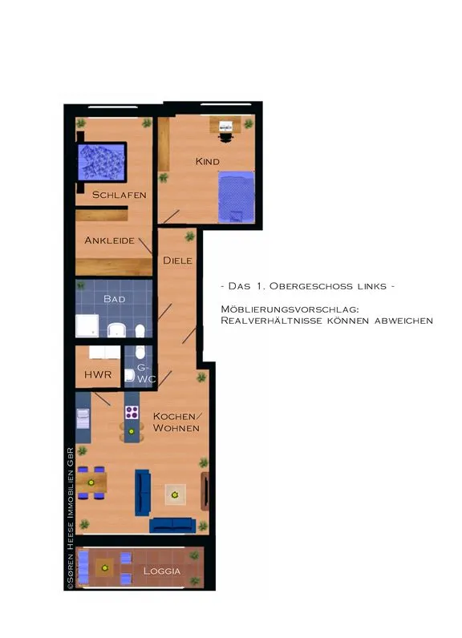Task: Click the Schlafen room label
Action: pyautogui.click(x=120, y=195)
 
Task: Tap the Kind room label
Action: pyautogui.click(x=208, y=162)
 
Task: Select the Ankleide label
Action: pyautogui.click(x=110, y=240)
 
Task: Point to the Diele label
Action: pyautogui.click(x=177, y=260)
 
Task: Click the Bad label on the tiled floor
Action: pyautogui.click(x=115, y=299)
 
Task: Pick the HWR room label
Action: pyautogui.click(x=98, y=375)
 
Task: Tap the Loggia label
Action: pyautogui.click(x=161, y=571)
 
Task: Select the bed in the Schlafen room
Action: pyautogui.click(x=102, y=162)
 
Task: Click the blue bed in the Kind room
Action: pyautogui.click(x=237, y=197)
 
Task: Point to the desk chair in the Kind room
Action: pyautogui.click(x=225, y=137)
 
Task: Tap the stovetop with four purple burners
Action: pyautogui.click(x=132, y=412)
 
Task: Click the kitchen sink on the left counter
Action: pyautogui.click(x=83, y=419)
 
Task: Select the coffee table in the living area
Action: pyautogui.click(x=175, y=495)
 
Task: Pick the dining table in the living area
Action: pyautogui.click(x=91, y=483)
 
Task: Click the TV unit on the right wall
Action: pyautogui.click(x=205, y=491)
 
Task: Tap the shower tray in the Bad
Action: pyautogui.click(x=87, y=325)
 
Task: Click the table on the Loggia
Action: pyautogui.click(x=104, y=568)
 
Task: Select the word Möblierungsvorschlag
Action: pyautogui.click(x=290, y=309)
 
